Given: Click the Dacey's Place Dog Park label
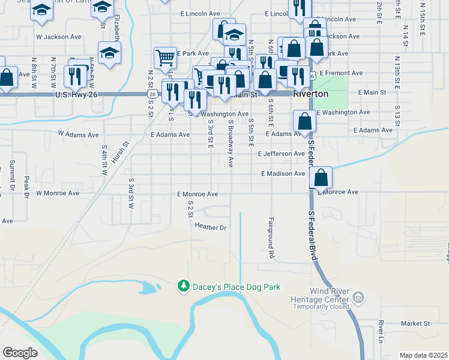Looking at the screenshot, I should coord(237,287).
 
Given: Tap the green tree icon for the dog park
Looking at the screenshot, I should coord(184,287).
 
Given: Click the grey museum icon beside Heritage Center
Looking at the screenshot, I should coord(358,296).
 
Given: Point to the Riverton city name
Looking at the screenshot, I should coord(310,94).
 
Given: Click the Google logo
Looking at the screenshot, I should coord(20,353).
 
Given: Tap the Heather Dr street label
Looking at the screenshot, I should coord(209,227).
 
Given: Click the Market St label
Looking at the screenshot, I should coord(415,323).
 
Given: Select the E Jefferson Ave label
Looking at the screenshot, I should coord(281,154).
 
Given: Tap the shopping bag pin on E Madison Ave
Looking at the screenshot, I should coord(321,178).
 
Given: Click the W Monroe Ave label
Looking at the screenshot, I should coord(58,193).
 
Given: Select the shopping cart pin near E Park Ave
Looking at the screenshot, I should coord(165,58).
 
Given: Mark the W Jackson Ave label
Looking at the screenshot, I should coord(58,37).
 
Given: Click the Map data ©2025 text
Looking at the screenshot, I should coord(423,355).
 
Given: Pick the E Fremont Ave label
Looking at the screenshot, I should coord(341,73).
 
